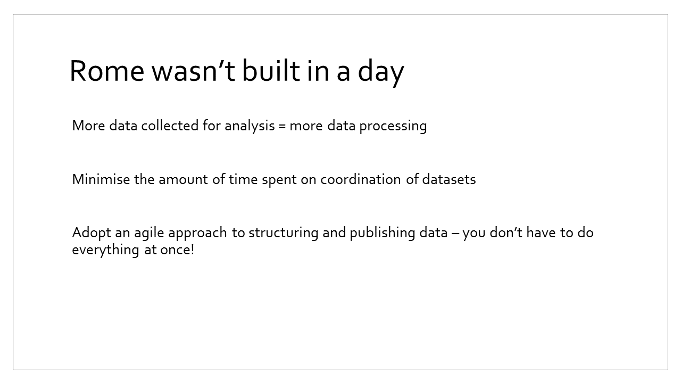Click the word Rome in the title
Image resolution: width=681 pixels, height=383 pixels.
click(x=107, y=71)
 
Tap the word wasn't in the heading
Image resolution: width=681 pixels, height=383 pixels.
click(x=193, y=71)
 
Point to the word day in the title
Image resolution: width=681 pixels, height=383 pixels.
click(x=381, y=73)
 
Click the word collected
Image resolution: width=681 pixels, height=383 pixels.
click(x=170, y=125)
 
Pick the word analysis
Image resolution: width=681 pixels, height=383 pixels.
click(x=250, y=126)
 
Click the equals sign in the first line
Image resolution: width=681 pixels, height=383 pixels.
click(x=282, y=126)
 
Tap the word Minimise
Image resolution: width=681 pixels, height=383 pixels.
click(x=101, y=179)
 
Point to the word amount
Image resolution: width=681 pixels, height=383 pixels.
click(x=184, y=180)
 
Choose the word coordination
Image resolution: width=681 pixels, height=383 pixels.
click(x=361, y=179)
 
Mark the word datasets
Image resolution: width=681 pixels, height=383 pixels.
click(x=449, y=179)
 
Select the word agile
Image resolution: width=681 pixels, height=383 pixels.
click(x=150, y=234)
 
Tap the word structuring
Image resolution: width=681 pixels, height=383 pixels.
click(x=284, y=234)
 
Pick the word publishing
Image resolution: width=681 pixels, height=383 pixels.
click(x=383, y=234)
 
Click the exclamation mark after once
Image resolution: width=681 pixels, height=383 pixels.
click(x=193, y=250)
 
